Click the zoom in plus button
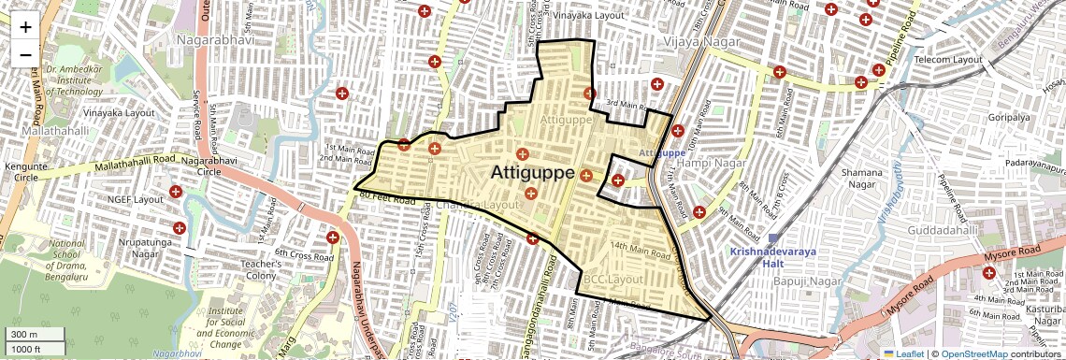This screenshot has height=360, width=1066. pyautogui.click(x=25, y=26)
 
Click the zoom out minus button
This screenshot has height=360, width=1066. pyautogui.click(x=25, y=54)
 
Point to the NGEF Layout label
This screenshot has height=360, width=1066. pyautogui.click(x=136, y=199)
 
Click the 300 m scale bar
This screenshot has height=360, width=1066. pyautogui.click(x=36, y=335)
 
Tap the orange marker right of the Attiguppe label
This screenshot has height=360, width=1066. pyautogui.click(x=586, y=176)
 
